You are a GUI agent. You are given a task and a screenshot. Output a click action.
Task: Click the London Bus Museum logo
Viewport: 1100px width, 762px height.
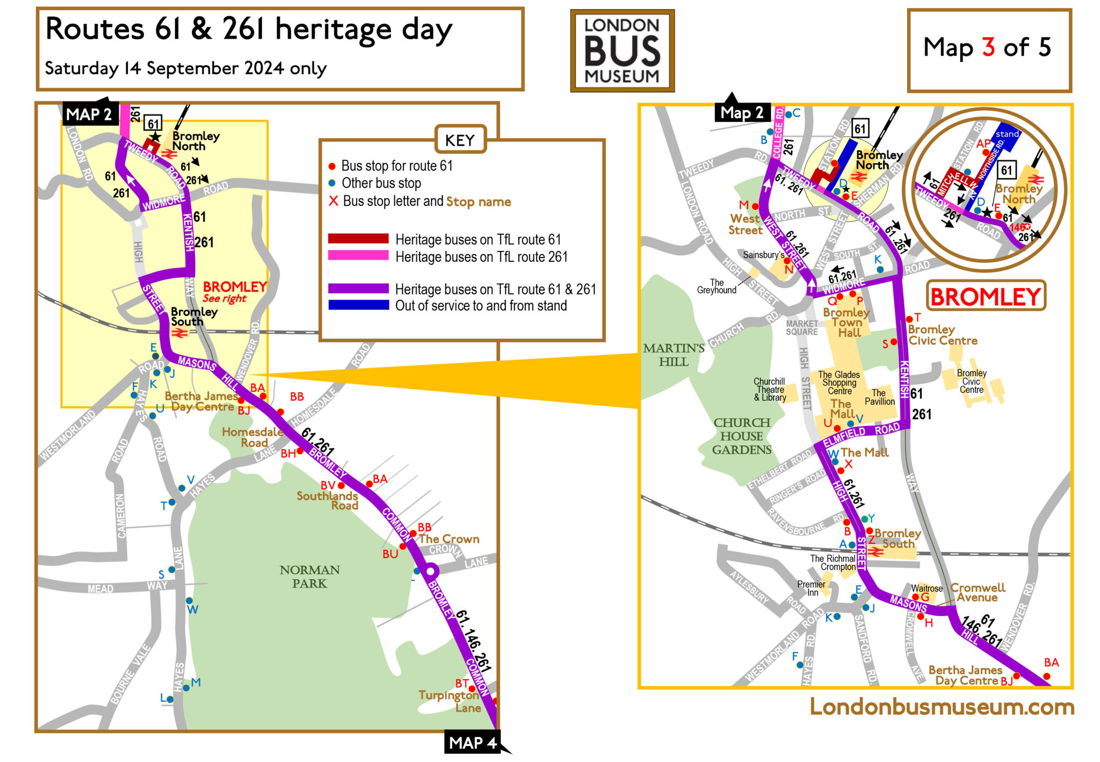point(622,51)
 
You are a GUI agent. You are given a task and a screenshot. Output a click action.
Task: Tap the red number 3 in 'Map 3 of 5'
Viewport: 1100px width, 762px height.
point(988,47)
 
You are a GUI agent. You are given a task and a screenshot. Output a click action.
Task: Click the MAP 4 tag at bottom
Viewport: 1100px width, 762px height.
point(473,743)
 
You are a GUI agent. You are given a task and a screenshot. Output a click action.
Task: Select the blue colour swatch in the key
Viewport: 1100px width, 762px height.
point(358,305)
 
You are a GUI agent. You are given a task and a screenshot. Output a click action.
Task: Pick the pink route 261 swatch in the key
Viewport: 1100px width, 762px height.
point(358,255)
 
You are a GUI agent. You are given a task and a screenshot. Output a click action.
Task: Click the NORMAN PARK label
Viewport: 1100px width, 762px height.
point(309,577)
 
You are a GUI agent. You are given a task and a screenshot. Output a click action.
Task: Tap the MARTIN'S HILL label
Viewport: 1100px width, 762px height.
point(674,355)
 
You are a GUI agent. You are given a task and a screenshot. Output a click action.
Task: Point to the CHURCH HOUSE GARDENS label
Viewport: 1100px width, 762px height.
point(741,436)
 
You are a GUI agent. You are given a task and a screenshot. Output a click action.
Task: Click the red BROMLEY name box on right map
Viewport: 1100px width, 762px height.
point(986,296)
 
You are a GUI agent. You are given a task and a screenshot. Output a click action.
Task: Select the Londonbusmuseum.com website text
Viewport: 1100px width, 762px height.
point(942,706)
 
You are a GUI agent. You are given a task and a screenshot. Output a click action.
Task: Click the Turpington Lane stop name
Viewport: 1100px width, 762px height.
point(450,701)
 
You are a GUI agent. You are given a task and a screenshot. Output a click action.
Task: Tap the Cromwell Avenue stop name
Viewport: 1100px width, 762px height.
point(978,592)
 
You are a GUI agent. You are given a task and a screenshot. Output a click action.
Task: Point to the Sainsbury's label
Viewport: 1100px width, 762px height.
point(763,255)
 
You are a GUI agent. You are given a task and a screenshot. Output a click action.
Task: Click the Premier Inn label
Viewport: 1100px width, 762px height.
point(811,588)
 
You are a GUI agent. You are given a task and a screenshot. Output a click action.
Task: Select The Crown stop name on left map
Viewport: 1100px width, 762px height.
point(448,539)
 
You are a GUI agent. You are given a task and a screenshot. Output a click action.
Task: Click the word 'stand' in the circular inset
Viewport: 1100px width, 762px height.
point(1007,134)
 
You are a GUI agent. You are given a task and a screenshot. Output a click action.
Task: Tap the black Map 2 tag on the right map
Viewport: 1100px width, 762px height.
point(742,112)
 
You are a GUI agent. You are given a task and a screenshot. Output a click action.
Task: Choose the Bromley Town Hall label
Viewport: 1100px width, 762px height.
point(846,322)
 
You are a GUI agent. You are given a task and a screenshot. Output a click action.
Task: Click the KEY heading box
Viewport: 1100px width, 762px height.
point(460,140)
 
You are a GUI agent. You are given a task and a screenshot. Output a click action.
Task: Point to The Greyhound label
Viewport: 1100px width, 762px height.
point(717,286)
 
